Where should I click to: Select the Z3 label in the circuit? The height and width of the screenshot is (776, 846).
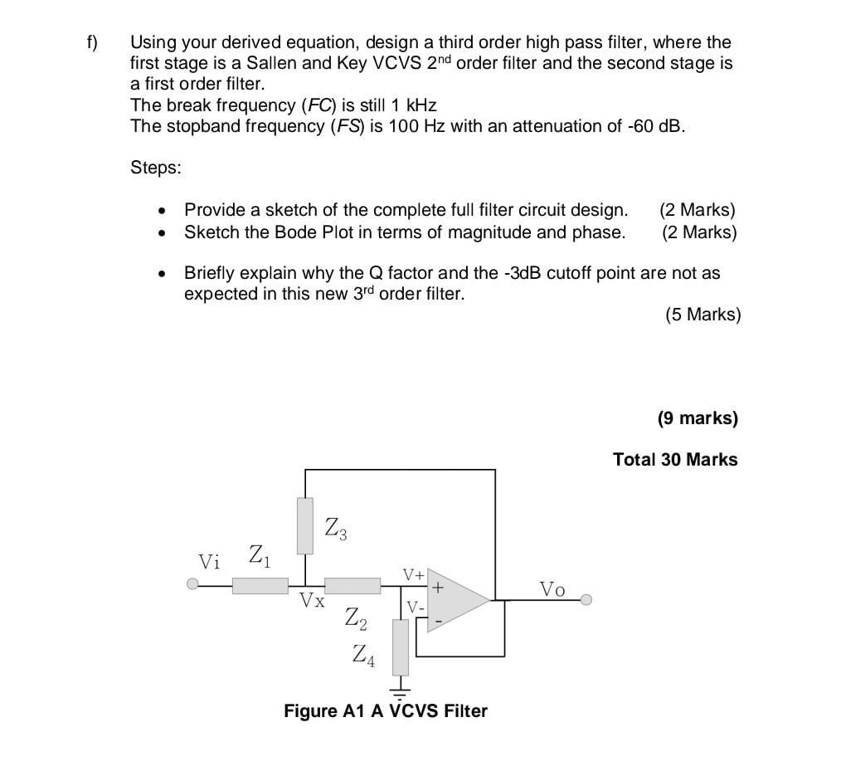click(x=335, y=526)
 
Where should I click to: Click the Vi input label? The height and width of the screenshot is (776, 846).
click(x=210, y=562)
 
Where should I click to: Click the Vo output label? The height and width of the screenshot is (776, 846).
click(x=552, y=589)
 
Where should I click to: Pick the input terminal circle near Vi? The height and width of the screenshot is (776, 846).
click(x=193, y=585)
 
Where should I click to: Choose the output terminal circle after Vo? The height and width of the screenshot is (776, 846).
click(x=586, y=599)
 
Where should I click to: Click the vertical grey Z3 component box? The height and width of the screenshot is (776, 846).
click(x=305, y=526)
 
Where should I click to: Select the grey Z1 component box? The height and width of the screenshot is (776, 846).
click(x=260, y=586)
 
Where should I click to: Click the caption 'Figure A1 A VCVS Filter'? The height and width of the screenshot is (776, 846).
click(x=386, y=711)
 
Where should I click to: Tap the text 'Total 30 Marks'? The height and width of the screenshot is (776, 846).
click(x=674, y=459)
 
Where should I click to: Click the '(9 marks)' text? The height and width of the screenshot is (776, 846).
click(x=697, y=418)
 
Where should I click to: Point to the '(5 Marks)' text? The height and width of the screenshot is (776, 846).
click(x=703, y=315)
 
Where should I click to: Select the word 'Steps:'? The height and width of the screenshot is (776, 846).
click(x=156, y=168)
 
